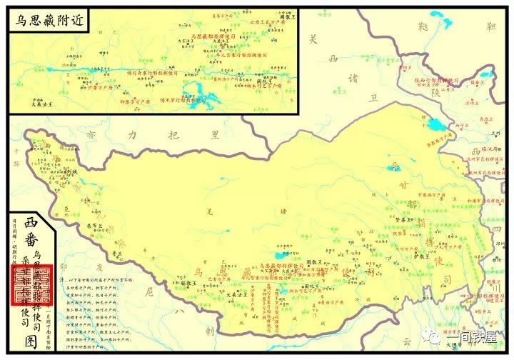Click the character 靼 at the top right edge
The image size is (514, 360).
coord(490,27)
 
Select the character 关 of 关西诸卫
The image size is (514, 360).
coord(311,40)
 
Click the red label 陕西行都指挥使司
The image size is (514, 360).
coord(437,80)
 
